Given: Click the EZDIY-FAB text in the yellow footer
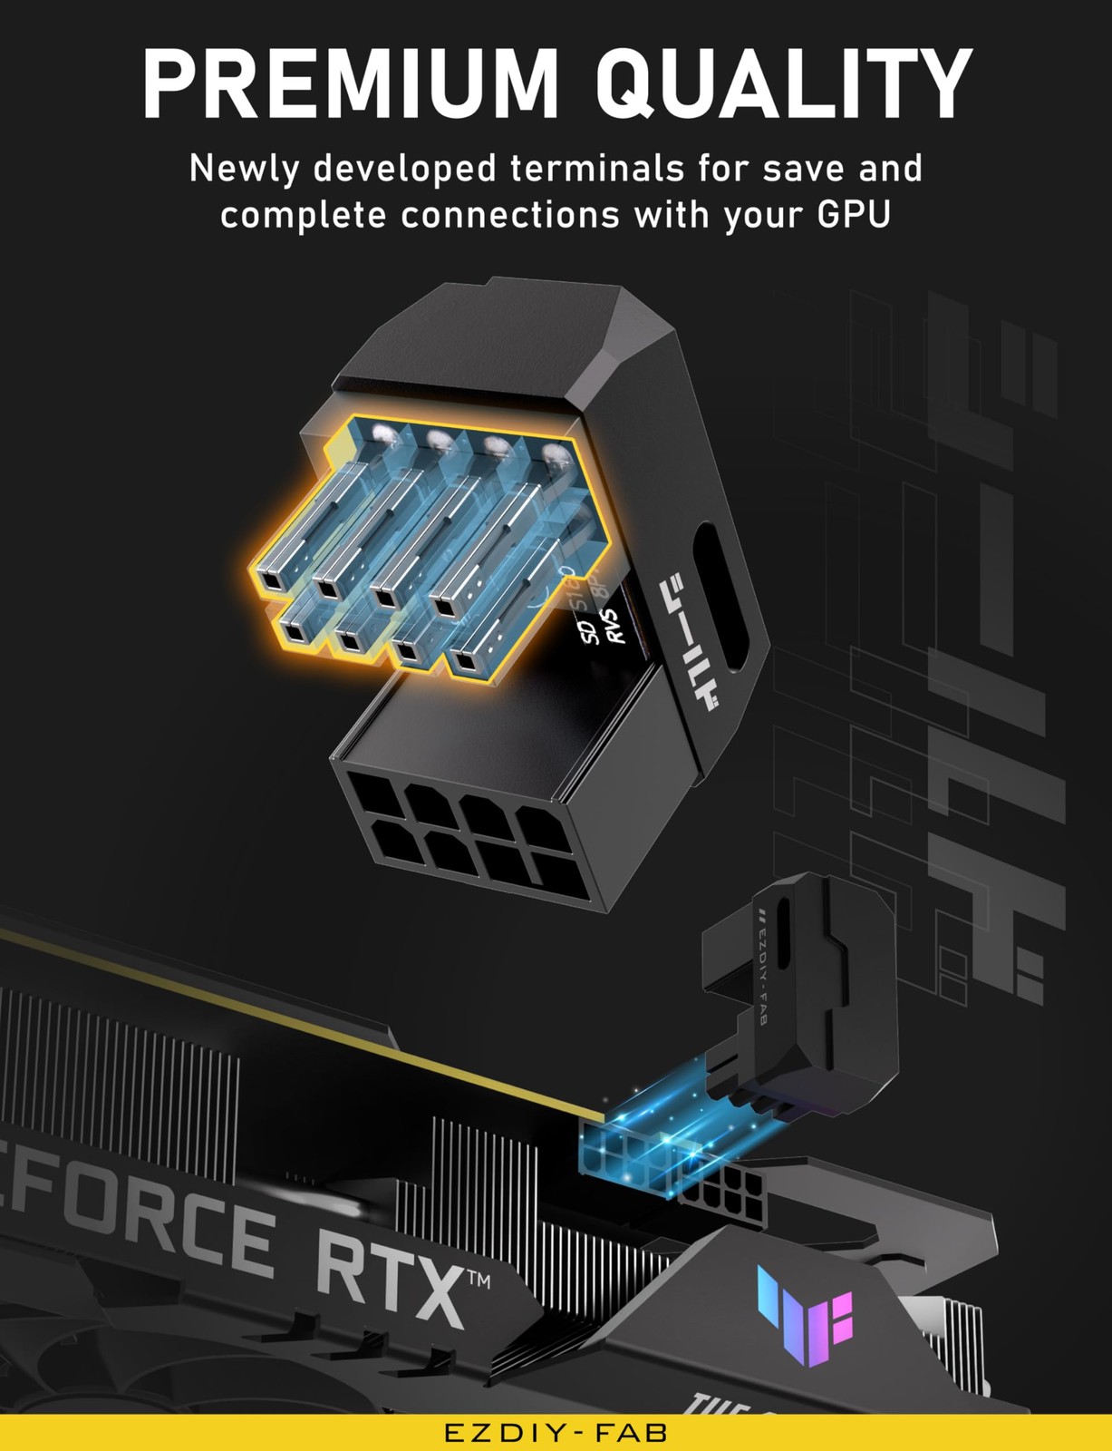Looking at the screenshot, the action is click(556, 1433).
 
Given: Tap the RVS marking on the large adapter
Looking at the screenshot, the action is click(615, 627).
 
